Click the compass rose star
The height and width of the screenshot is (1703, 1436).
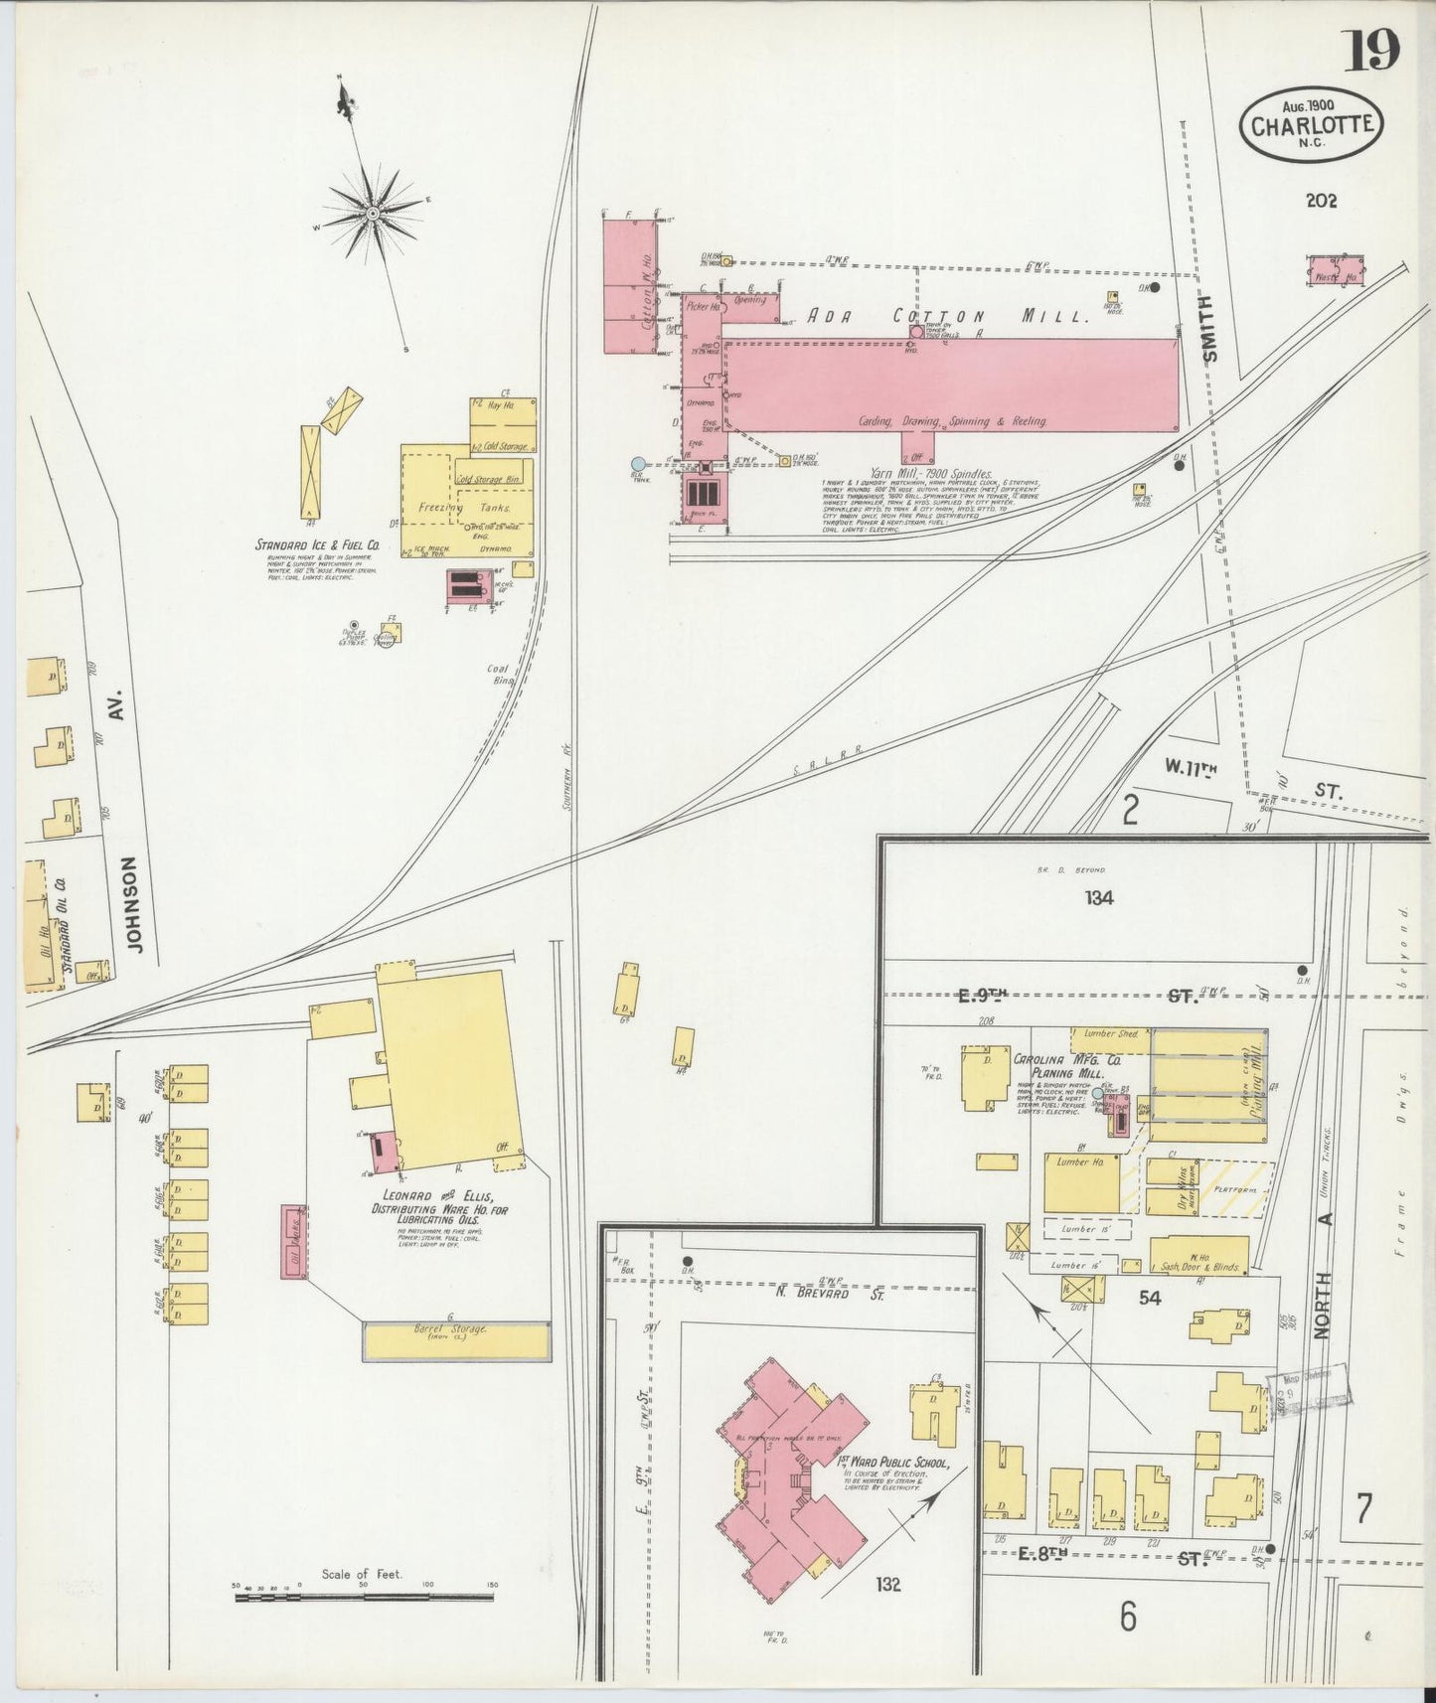372,213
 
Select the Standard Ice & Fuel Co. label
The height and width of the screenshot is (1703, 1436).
318,544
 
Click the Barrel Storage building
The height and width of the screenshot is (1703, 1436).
456,1339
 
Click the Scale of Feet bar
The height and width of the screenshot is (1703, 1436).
364,1598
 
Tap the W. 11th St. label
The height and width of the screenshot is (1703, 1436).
1252,793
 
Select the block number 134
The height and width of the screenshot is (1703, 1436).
1099,898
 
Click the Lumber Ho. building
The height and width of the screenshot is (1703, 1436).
1081,1183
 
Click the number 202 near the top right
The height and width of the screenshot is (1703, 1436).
1321,201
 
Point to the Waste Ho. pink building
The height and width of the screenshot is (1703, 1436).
1336,270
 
